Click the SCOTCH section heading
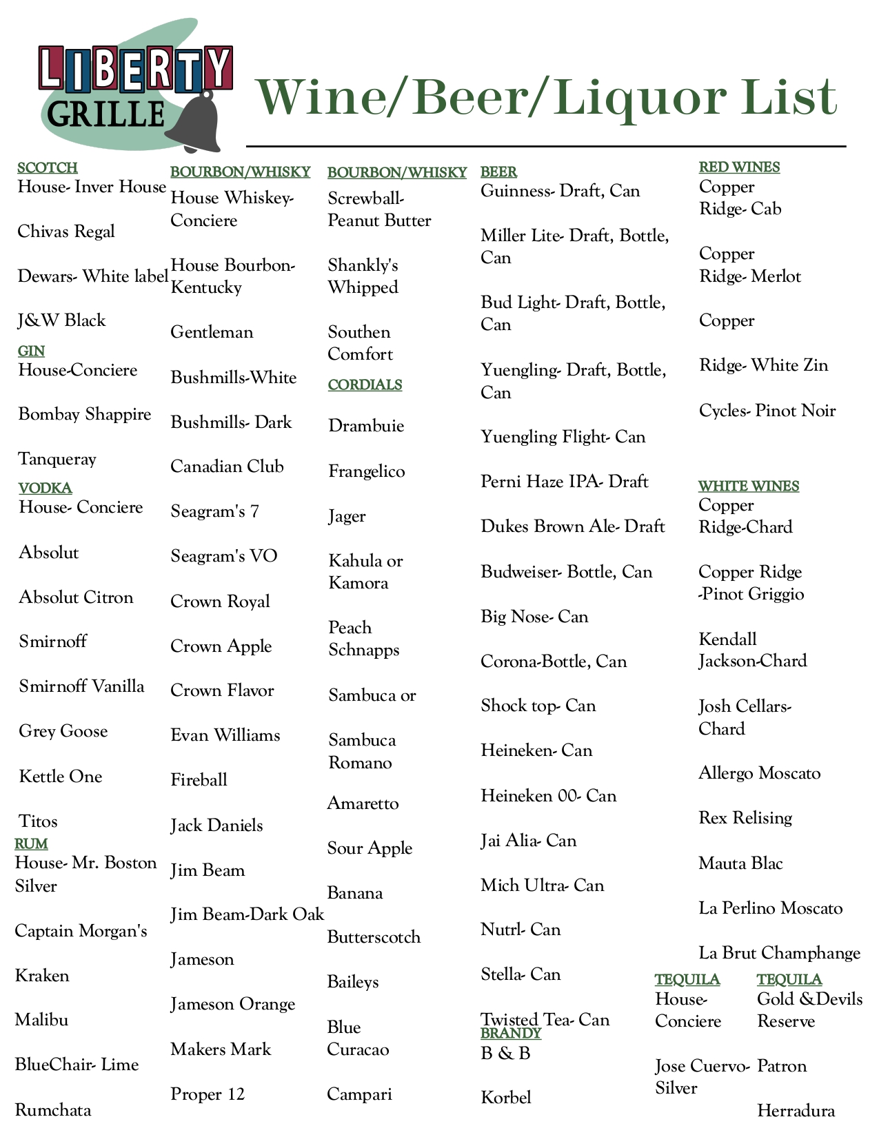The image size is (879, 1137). click(x=48, y=168)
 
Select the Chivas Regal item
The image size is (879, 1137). click(x=66, y=232)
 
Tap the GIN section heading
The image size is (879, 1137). click(x=31, y=351)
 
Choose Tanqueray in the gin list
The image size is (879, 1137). click(x=57, y=460)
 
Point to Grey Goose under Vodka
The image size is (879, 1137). click(x=63, y=731)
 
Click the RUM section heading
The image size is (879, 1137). click(x=32, y=844)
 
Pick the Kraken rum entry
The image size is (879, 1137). click(x=42, y=976)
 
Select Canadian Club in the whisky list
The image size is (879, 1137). click(x=227, y=467)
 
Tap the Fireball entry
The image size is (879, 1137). click(x=199, y=780)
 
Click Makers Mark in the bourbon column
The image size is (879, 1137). click(x=221, y=1049)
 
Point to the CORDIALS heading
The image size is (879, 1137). click(x=365, y=385)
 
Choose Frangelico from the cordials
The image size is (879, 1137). click(x=366, y=472)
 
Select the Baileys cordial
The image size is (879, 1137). click(x=353, y=982)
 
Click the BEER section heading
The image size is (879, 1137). click(x=498, y=172)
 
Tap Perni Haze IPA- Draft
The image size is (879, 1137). click(x=564, y=482)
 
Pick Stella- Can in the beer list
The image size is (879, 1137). click(x=521, y=974)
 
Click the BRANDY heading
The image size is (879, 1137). click(x=511, y=1034)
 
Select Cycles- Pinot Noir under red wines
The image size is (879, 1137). click(x=767, y=411)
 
